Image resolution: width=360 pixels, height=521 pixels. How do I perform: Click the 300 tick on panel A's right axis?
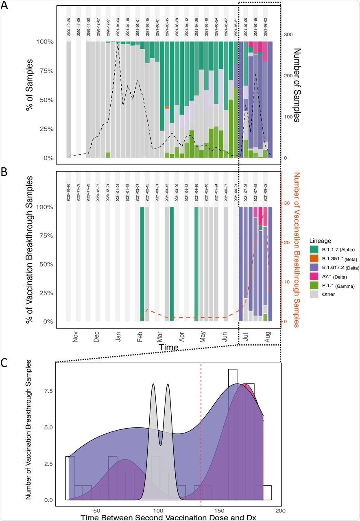pyautogui.click(x=288, y=35)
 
